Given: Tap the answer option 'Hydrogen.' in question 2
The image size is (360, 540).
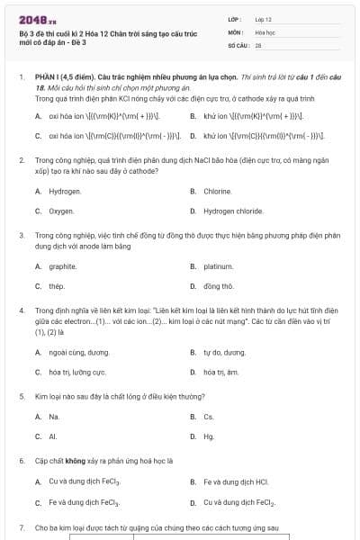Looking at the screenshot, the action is (65, 192).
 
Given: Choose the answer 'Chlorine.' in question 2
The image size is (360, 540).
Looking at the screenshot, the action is (218, 192).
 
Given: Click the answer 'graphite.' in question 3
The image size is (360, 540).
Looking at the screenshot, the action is (63, 266).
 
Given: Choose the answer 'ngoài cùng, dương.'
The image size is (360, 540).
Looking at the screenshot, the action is (79, 352).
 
